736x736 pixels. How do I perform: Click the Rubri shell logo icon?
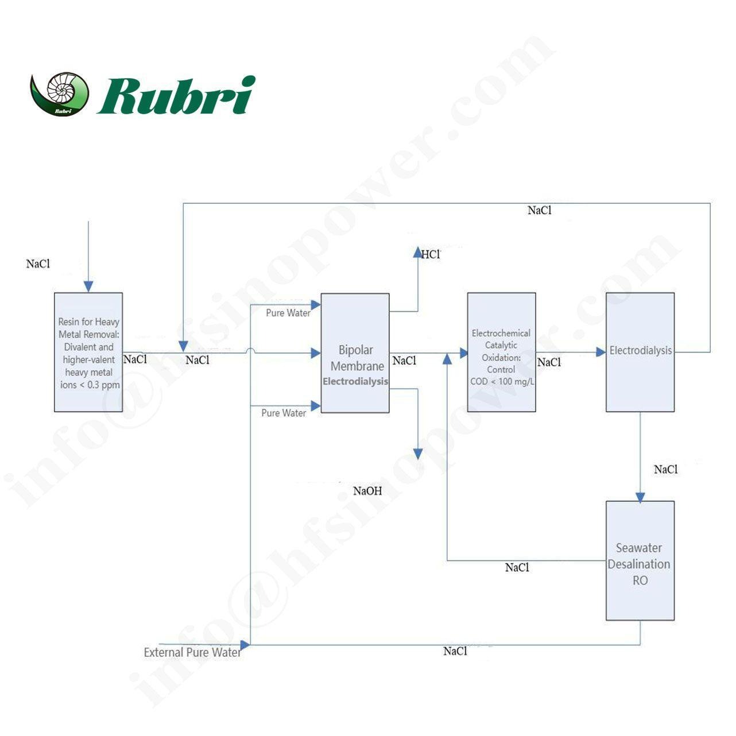[60, 94]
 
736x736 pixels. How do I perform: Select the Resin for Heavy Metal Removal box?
[88, 352]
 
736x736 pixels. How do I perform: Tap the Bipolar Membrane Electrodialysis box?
[355, 353]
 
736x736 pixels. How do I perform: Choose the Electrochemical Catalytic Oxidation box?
[501, 352]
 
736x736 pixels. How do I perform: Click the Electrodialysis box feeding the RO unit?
[640, 352]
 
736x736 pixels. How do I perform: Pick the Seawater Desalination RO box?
[640, 561]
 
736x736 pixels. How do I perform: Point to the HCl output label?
[431, 254]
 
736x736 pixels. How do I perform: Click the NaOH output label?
[367, 491]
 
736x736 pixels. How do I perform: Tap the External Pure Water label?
[192, 653]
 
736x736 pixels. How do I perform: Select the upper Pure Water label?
[288, 313]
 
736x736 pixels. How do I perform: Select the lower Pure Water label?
[284, 413]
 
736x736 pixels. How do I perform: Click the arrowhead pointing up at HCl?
[418, 252]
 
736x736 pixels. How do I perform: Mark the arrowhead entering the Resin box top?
[88, 286]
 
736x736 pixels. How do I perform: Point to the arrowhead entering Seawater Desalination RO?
[640, 497]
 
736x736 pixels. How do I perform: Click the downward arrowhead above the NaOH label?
[418, 454]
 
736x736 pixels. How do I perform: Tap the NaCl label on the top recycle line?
[540, 210]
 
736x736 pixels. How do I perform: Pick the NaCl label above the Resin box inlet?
[38, 264]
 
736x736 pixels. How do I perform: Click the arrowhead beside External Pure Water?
[245, 645]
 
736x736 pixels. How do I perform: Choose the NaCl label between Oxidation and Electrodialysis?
[549, 362]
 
